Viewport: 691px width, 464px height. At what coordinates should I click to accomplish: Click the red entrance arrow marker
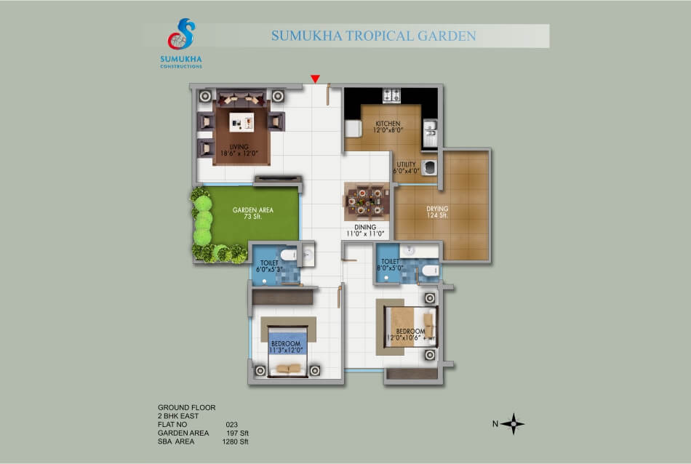pos(315,79)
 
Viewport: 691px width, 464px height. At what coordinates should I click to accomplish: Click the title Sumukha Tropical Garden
pos(373,36)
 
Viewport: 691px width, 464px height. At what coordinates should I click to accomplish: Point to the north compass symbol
pos(512,423)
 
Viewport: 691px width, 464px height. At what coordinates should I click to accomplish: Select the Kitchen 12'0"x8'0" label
pos(388,127)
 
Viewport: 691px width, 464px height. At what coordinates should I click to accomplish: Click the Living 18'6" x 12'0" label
pos(239,150)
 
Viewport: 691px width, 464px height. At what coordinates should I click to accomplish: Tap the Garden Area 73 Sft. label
pos(252,213)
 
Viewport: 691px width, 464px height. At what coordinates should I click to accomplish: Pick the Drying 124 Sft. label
pos(440,213)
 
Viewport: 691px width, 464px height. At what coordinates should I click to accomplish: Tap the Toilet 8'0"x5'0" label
pos(390,265)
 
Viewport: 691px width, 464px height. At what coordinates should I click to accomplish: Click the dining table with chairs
pos(366,200)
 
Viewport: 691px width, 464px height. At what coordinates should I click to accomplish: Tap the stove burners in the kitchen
pos(392,95)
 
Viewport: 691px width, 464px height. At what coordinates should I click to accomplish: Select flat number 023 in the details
pos(232,424)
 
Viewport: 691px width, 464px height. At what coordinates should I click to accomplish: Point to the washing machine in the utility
pos(430,167)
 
